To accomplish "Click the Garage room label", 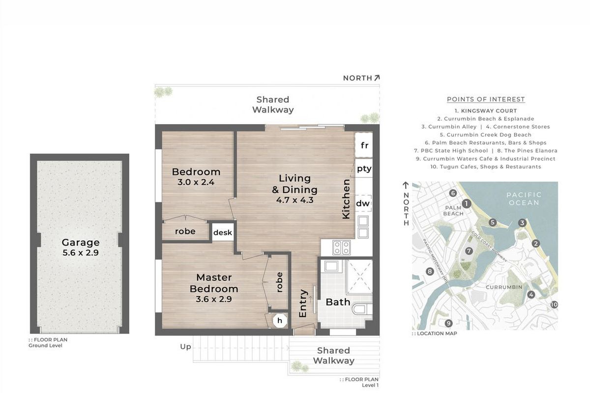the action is [x=81, y=242].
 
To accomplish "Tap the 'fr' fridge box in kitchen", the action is [x=364, y=145].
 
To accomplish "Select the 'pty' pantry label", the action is [x=364, y=168].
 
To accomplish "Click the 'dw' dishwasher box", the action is [x=363, y=203].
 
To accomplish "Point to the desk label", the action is [x=223, y=232].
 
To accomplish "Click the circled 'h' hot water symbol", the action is [x=279, y=321].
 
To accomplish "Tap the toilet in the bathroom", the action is [x=362, y=309].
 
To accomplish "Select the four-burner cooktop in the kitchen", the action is [x=341, y=248].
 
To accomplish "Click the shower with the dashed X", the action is [x=359, y=277].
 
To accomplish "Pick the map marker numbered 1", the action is [x=466, y=203].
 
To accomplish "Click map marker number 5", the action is [x=493, y=223].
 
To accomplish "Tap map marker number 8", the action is [x=430, y=271].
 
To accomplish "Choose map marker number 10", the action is [x=554, y=305].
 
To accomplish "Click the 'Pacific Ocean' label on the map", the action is [x=524, y=199].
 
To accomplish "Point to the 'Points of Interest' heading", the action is [x=486, y=99].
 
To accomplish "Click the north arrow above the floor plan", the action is [x=377, y=78].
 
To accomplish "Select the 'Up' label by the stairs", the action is [x=185, y=347].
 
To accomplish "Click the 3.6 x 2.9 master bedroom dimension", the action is [x=213, y=299].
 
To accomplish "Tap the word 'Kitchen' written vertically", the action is [x=346, y=199].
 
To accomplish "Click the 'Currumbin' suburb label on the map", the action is [x=504, y=287].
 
